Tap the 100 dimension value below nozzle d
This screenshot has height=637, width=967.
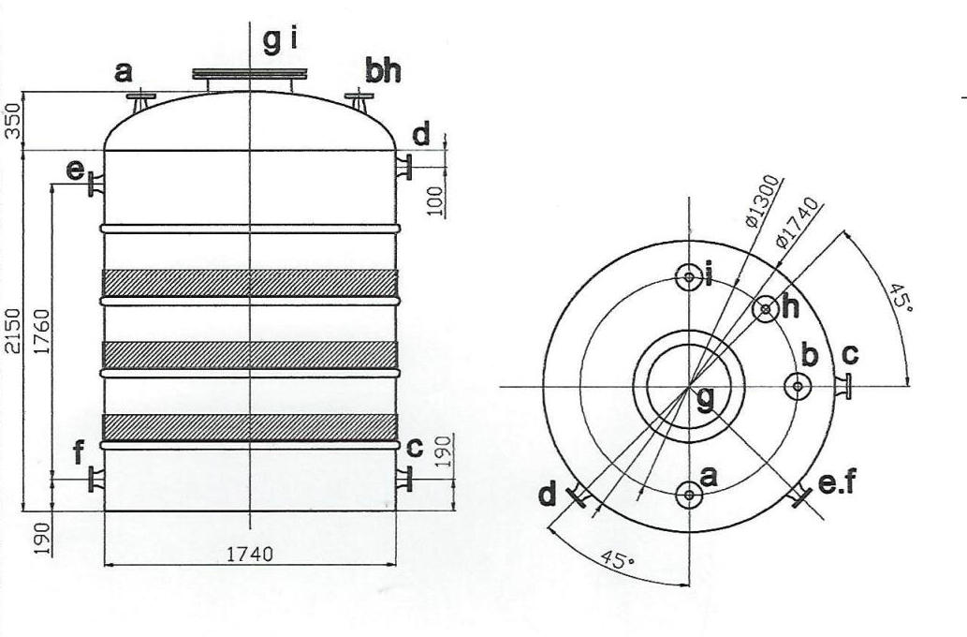(x=435, y=200)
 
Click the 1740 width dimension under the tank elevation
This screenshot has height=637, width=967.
(x=249, y=555)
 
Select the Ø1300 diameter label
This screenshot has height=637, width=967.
(x=764, y=201)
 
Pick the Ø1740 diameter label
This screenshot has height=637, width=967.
(x=798, y=223)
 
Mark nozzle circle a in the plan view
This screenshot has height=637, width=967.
(x=690, y=494)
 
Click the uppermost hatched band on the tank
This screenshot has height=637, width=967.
(x=250, y=282)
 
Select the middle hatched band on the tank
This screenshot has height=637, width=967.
(x=250, y=354)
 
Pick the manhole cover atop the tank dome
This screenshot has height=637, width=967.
(x=250, y=74)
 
